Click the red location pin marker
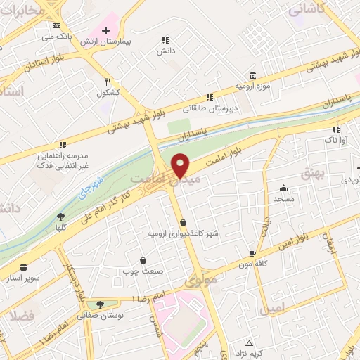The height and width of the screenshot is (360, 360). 181,165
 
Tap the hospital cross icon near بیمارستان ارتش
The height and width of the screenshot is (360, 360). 105,31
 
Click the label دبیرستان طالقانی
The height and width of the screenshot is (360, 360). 210,108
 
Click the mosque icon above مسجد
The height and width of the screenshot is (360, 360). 283,188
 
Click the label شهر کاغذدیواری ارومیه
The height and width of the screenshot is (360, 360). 183,233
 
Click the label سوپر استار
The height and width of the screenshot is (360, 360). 22,277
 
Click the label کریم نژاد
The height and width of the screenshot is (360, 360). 247,352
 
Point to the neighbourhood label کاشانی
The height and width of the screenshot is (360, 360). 306,8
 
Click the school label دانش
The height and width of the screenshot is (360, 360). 165,51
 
